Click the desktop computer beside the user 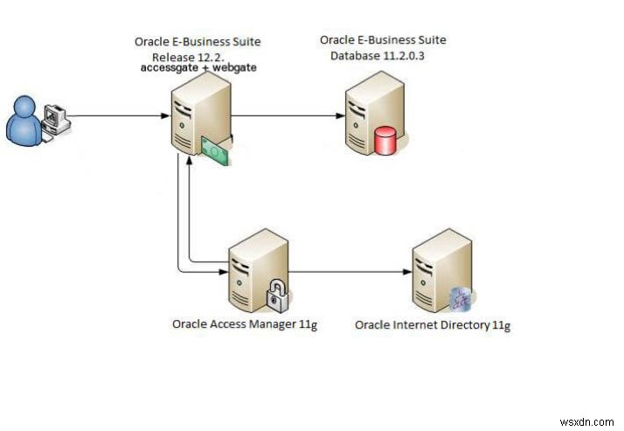pos(56,119)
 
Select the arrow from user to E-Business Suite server pos(118,115)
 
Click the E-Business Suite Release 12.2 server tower pos(199,114)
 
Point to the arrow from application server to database pos(284,115)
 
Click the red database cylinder pos(385,140)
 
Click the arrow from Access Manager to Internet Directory pos(350,271)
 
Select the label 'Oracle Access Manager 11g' pos(244,324)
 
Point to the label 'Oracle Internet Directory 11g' pos(433,325)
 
